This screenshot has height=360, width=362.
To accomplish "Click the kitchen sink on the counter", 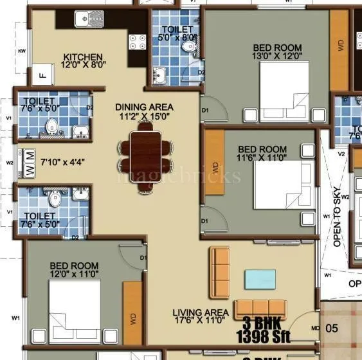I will pyautogui.click(x=87, y=21).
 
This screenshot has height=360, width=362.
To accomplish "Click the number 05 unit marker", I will pyautogui.click(x=331, y=327).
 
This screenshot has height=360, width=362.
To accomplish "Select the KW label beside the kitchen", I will pyautogui.click(x=21, y=51).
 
